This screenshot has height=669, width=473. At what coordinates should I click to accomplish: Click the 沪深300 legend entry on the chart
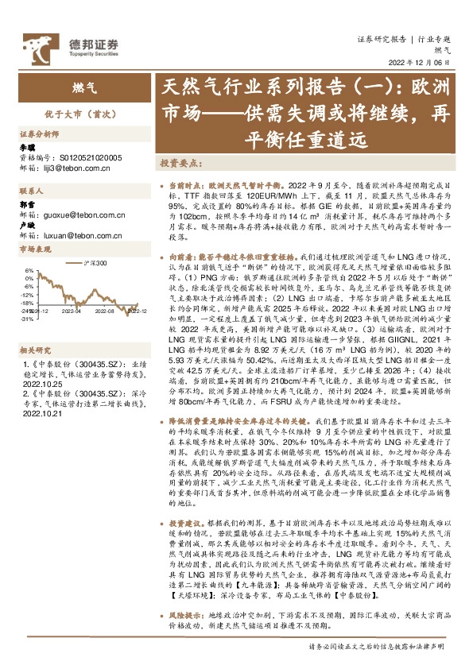(x=96, y=261)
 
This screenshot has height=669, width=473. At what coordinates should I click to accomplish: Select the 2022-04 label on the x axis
(x=72, y=311)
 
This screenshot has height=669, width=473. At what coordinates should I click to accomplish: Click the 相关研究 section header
(x=34, y=327)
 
